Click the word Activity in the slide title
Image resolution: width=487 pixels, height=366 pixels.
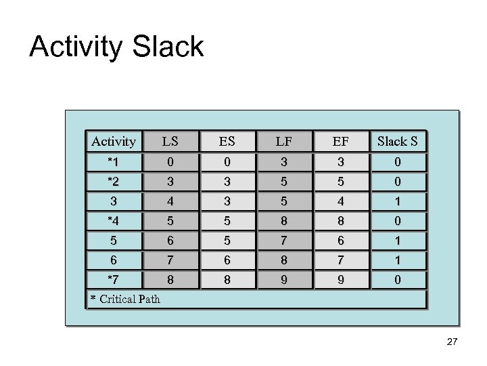point(76,47)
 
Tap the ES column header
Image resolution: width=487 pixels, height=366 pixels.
point(227,141)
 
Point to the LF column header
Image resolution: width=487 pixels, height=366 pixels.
point(284,141)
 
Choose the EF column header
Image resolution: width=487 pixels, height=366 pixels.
point(341,141)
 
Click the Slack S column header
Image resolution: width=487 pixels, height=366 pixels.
point(398,141)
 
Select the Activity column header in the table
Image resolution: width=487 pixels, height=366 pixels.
point(114,141)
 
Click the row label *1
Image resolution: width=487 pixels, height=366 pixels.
point(114,162)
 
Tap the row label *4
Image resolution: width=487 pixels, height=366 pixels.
point(114,221)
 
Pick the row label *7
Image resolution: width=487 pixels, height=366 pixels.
point(114,280)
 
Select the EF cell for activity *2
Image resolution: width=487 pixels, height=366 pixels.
point(341,182)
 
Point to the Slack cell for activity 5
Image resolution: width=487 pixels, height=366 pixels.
point(398,241)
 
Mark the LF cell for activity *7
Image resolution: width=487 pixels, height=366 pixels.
point(284,280)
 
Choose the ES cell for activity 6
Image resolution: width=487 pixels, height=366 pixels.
point(227,260)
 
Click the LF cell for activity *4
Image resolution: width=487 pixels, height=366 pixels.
point(284,221)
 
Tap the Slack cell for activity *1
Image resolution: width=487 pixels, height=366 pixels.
point(398,162)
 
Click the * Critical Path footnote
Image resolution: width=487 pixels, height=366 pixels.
point(126,299)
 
